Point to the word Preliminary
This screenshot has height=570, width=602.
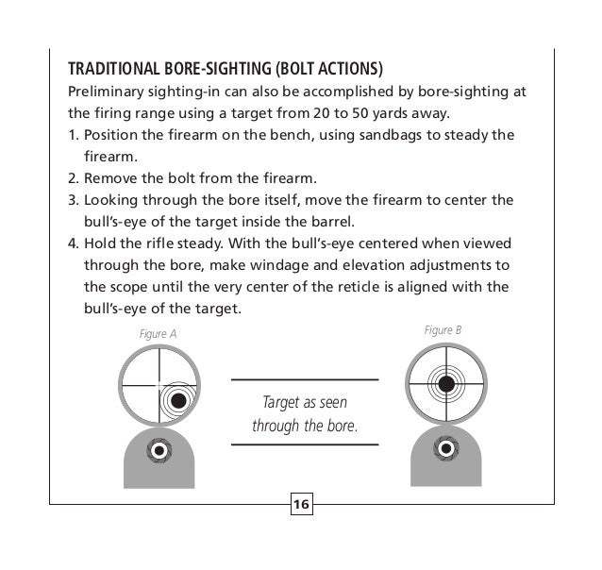[99, 93]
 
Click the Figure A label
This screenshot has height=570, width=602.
[159, 333]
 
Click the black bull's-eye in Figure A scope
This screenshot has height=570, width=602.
[176, 400]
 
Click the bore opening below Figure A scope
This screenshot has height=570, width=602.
[159, 451]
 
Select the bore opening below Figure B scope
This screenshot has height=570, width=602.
[443, 451]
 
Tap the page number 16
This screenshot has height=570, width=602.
[301, 506]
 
